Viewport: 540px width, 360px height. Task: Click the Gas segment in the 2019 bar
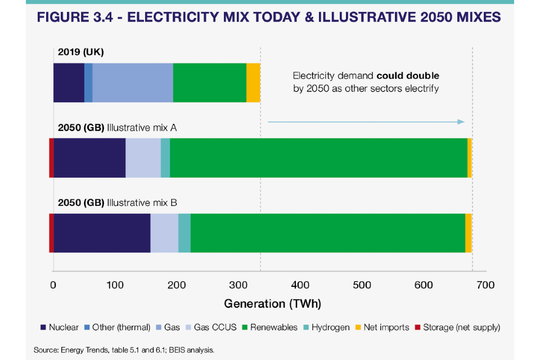[133, 83]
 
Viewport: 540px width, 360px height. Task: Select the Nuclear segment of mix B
[102, 233]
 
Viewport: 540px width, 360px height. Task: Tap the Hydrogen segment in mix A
[165, 157]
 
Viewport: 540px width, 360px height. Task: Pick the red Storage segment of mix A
[51, 157]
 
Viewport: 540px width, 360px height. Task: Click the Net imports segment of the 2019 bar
[253, 83]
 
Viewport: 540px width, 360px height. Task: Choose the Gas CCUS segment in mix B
[164, 233]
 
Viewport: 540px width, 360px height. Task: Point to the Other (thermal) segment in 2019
[88, 83]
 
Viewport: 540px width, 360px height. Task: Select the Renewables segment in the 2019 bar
[209, 83]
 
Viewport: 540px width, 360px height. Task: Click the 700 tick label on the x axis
[485, 285]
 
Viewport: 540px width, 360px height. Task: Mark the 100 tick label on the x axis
[115, 285]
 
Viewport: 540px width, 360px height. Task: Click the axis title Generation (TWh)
[272, 304]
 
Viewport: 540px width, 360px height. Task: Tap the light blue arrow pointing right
[366, 122]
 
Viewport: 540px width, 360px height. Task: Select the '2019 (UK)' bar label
[81, 52]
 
